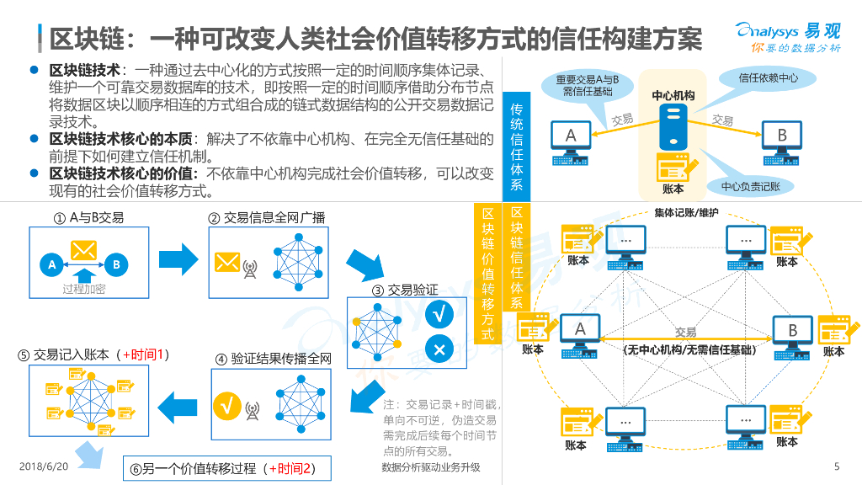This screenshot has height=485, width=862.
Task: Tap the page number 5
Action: click(x=836, y=466)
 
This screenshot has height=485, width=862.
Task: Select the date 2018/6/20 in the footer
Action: click(x=43, y=466)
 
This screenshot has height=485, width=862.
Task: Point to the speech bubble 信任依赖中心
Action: click(x=768, y=78)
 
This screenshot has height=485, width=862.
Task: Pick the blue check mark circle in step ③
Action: click(x=439, y=315)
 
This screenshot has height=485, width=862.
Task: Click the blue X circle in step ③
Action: click(x=439, y=349)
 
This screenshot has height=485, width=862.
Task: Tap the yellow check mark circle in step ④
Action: click(x=226, y=406)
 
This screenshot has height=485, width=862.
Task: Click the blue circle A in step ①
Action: click(x=51, y=264)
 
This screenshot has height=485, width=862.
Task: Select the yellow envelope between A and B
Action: click(x=83, y=251)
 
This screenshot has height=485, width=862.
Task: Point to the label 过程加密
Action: click(x=83, y=290)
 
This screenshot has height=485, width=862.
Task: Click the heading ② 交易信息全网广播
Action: click(x=266, y=218)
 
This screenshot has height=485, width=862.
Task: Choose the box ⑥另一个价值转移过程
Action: click(x=226, y=468)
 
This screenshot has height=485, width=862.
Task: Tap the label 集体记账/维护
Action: click(x=686, y=212)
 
